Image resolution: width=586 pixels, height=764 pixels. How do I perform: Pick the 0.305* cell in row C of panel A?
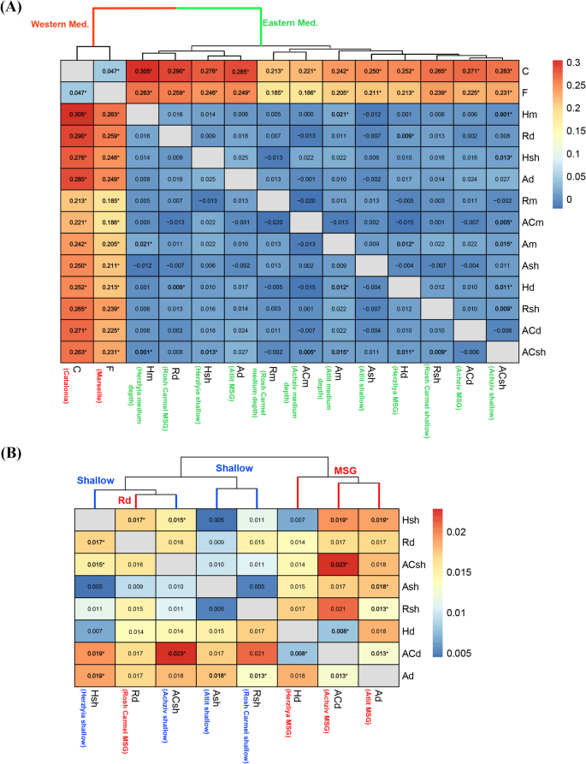click(x=143, y=71)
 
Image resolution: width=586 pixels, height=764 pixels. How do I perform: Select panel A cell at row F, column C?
click(x=76, y=91)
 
